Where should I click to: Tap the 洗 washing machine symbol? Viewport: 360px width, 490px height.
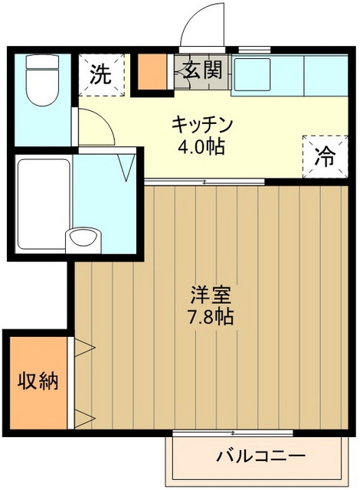click(x=99, y=75)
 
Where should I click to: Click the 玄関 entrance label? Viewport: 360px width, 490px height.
click(x=203, y=71)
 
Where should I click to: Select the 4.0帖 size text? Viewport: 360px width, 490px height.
click(x=202, y=146)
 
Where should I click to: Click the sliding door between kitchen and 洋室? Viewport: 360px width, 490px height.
click(x=205, y=181)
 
